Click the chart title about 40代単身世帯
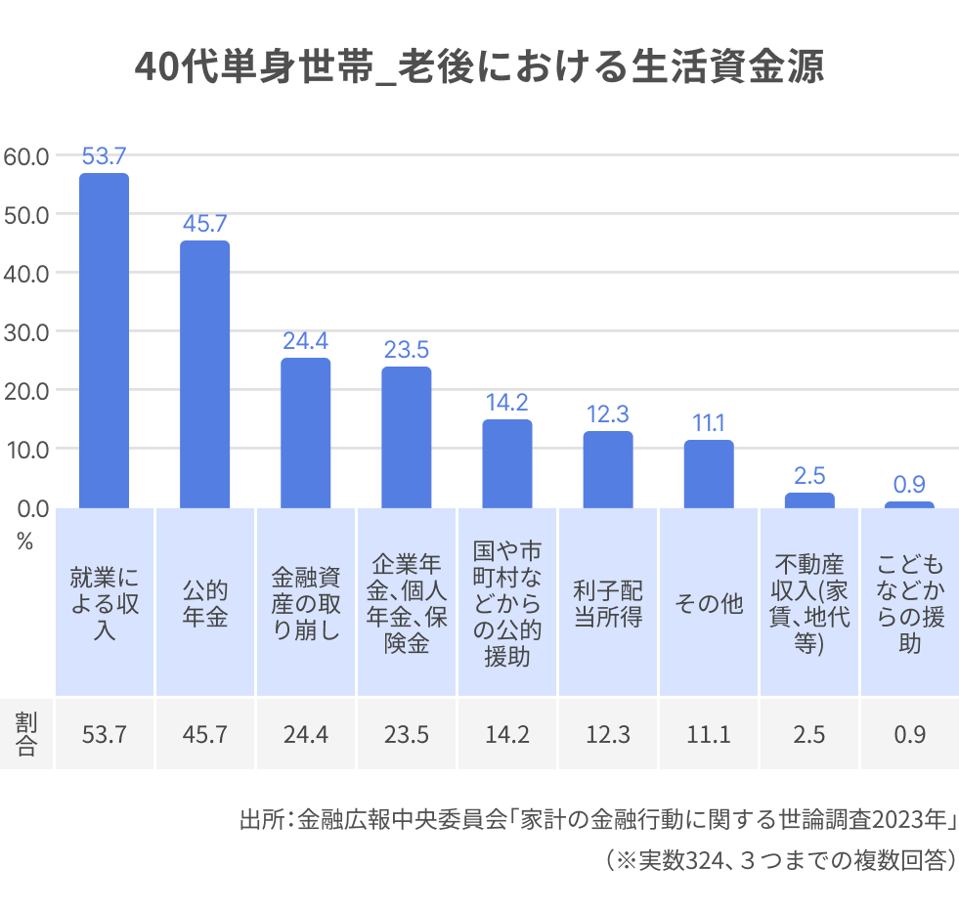point(479,68)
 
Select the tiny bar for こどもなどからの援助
point(909,504)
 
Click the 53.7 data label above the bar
point(104,155)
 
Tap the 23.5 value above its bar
point(406,350)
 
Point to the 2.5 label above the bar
point(809,476)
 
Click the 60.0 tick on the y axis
point(26,155)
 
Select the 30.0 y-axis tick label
point(26,331)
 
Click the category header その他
point(709,604)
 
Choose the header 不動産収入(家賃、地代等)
point(809,604)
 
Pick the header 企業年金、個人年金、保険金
point(406,604)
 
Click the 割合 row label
point(25,734)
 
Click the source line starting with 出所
point(596,819)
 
